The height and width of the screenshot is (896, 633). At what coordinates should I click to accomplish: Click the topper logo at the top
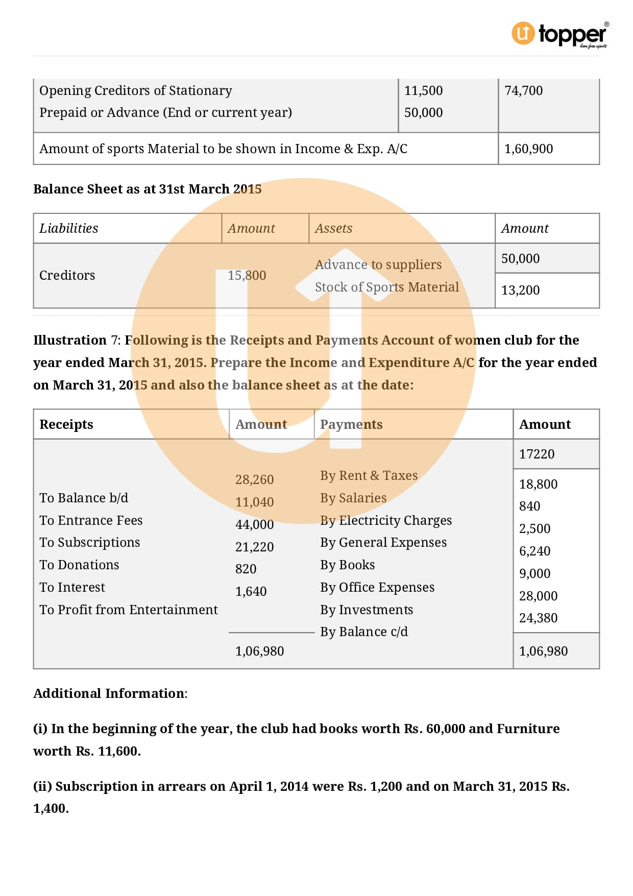pyautogui.click(x=559, y=35)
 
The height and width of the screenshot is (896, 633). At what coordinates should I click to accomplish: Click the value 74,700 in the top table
pyautogui.click(x=523, y=91)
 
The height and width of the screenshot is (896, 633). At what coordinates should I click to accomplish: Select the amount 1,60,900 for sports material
pyautogui.click(x=528, y=149)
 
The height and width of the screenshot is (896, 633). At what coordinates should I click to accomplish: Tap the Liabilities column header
pyautogui.click(x=69, y=229)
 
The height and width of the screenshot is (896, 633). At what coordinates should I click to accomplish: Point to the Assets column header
pyautogui.click(x=333, y=229)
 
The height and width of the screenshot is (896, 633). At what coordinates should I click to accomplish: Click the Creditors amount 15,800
pyautogui.click(x=247, y=276)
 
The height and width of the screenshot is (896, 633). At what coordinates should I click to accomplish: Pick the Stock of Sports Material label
pyautogui.click(x=386, y=287)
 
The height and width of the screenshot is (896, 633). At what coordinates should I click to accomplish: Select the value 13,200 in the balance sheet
pyautogui.click(x=520, y=290)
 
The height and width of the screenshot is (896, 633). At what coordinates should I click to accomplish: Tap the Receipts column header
pyautogui.click(x=66, y=425)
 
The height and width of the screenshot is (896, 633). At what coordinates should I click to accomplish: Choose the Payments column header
pyautogui.click(x=351, y=425)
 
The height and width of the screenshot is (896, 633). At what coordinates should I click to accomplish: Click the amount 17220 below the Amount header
pyautogui.click(x=537, y=454)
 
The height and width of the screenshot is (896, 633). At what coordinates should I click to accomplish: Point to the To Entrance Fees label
pyautogui.click(x=91, y=521)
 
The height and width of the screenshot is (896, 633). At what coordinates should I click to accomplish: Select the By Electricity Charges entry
pyautogui.click(x=386, y=521)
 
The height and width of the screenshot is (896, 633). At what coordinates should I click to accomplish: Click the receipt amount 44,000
pyautogui.click(x=254, y=525)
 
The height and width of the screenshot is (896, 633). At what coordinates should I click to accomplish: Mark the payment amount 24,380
pyautogui.click(x=538, y=618)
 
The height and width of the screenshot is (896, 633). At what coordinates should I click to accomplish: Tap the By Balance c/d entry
pyautogui.click(x=364, y=632)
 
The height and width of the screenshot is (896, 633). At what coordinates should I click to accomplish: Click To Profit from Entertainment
pyautogui.click(x=129, y=610)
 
